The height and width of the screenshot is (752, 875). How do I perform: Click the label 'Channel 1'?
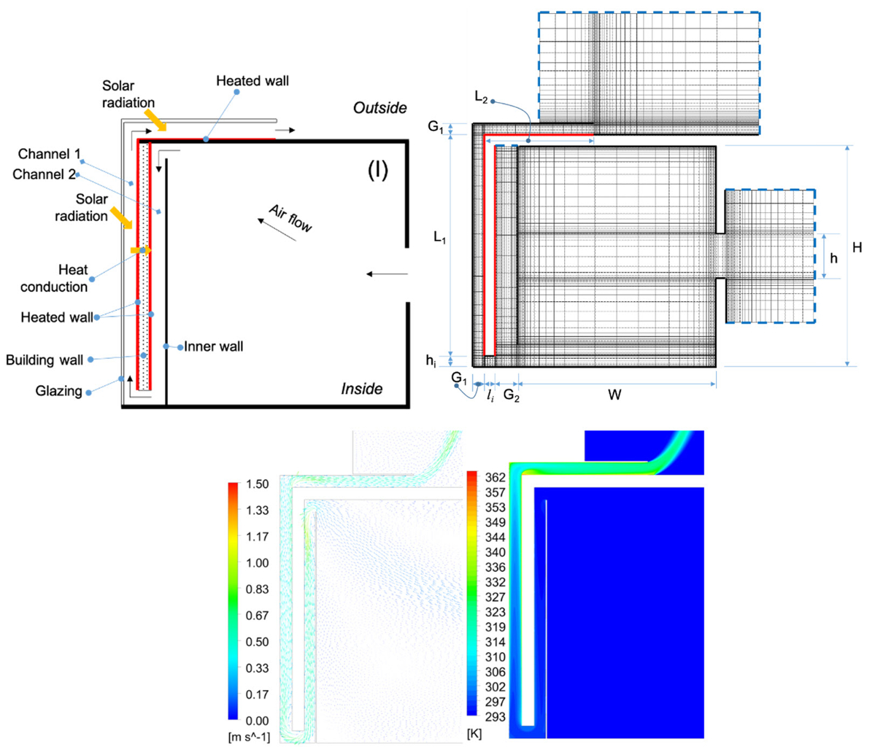[50, 154]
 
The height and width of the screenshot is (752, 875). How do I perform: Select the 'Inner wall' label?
[213, 346]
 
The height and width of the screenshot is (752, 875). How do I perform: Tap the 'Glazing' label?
[59, 391]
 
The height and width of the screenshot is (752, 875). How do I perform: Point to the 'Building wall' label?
[45, 360]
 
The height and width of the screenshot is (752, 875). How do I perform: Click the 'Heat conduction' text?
[54, 278]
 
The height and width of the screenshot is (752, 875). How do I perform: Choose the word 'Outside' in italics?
[379, 108]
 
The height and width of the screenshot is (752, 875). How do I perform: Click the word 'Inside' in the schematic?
[361, 389]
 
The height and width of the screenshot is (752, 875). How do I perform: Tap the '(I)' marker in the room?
[377, 170]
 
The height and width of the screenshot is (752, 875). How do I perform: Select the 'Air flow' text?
[290, 218]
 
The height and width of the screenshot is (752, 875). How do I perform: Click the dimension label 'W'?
[614, 395]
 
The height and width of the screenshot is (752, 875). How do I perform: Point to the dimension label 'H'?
[857, 248]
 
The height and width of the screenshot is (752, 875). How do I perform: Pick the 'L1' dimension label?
[439, 237]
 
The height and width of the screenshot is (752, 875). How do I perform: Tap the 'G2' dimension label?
[512, 396]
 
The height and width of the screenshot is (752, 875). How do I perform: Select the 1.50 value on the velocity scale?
[257, 484]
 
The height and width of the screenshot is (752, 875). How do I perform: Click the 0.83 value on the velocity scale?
[257, 589]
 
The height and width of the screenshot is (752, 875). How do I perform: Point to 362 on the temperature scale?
[495, 478]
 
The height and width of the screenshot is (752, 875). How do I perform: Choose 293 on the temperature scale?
[495, 717]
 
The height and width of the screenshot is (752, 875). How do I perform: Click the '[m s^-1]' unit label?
[249, 737]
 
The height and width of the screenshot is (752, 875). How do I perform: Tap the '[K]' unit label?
[474, 733]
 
